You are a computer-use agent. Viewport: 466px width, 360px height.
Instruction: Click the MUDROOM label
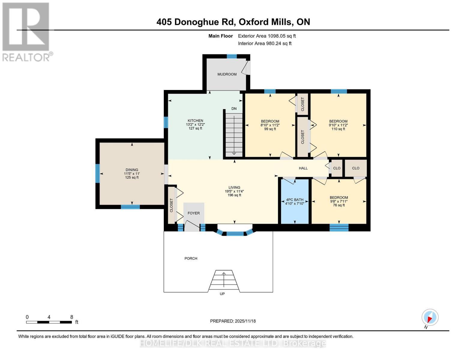pos(227,74)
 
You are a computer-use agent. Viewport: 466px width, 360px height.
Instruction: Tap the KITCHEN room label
pos(195,121)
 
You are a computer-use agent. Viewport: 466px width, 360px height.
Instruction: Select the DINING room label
pos(132,170)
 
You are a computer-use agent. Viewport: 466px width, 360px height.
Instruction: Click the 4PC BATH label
pos(295,199)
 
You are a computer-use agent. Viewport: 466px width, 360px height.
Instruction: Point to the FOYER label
pos(194,213)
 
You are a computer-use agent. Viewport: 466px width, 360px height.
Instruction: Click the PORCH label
pos(191,258)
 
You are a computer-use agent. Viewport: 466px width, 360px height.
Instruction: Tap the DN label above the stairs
pos(234,109)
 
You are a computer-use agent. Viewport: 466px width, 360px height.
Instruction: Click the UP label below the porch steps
pos(222,294)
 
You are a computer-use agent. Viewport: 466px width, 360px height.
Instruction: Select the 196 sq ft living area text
pos(234,195)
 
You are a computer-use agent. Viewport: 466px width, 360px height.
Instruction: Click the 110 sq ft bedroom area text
pos(338,129)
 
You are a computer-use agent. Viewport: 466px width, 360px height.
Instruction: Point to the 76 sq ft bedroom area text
pos(339,205)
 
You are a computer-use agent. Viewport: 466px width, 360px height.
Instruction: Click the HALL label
pos(303,168)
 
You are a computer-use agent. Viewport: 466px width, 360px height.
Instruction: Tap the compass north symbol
pos(430,317)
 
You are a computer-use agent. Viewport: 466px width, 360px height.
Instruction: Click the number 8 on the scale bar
pos(72,317)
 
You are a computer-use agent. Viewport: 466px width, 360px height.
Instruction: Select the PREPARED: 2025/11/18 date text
pos(233,321)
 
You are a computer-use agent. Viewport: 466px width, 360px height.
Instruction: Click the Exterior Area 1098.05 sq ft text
pos(267,36)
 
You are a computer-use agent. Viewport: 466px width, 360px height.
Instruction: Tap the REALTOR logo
pos(26,31)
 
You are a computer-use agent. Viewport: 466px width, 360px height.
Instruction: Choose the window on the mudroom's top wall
pos(232,56)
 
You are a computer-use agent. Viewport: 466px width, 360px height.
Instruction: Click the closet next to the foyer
pos(171,205)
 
